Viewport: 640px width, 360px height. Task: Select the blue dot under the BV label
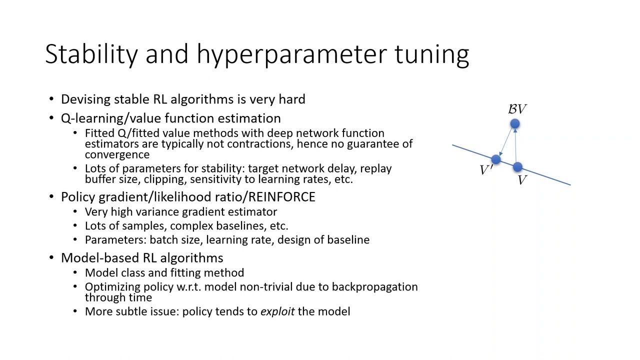pyautogui.click(x=515, y=123)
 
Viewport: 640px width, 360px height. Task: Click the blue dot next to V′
pyautogui.click(x=495, y=159)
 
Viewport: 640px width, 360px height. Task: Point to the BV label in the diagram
pyautogui.click(x=517, y=109)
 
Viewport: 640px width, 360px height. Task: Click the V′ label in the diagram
pyautogui.click(x=486, y=170)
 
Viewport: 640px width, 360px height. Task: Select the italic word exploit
pyautogui.click(x=277, y=311)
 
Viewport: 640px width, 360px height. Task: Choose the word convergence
pyautogui.click(x=117, y=154)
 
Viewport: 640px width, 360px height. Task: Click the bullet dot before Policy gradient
pyautogui.click(x=52, y=197)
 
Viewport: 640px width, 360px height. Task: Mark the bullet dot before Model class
pyautogui.click(x=75, y=273)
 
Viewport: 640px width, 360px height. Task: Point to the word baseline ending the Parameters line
pyautogui.click(x=348, y=240)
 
